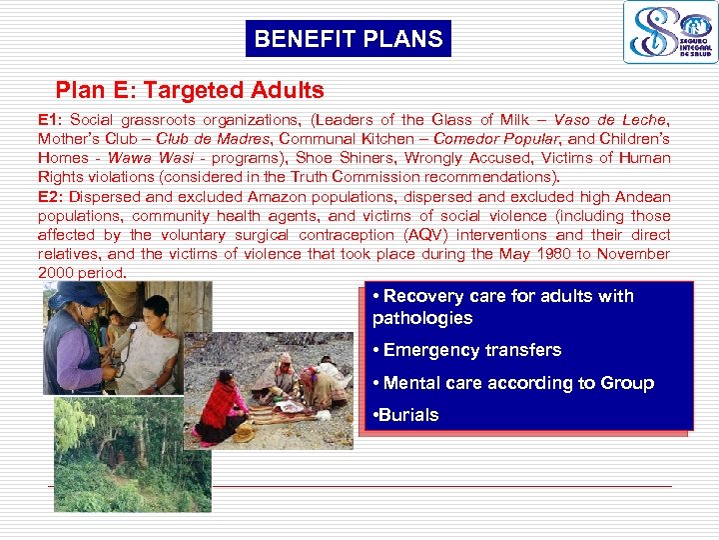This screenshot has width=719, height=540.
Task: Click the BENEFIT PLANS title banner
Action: click(x=348, y=39)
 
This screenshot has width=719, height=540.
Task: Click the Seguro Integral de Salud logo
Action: click(x=670, y=32)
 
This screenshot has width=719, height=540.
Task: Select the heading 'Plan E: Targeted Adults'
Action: click(x=190, y=90)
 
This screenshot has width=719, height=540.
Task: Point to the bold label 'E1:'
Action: click(x=50, y=120)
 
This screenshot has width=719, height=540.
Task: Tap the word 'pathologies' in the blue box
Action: click(x=422, y=318)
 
